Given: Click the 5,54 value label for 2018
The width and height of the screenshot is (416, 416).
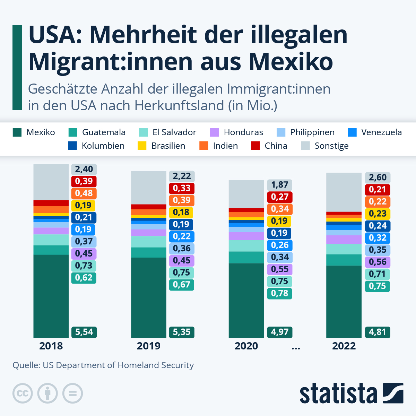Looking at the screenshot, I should pos(84,332).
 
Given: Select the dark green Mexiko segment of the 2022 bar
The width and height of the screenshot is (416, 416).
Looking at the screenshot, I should pos(344,302).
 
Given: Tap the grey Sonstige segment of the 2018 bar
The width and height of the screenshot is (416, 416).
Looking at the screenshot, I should pos(51,182).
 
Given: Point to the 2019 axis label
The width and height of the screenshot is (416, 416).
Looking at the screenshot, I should pos(148,346).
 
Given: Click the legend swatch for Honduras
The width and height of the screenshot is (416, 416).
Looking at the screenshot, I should pos(214,132).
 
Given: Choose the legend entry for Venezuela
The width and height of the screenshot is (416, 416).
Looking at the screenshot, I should pos(381,132).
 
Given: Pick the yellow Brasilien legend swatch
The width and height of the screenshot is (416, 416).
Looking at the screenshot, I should pos(142,146).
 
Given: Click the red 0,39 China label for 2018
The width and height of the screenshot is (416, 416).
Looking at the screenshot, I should pos(84,181).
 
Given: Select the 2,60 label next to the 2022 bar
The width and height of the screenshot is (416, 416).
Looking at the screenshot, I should pos(378,177).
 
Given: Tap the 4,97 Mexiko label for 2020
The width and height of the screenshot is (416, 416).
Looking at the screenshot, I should pos(280,332).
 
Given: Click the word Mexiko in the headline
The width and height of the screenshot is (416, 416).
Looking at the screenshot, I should pos(291,62).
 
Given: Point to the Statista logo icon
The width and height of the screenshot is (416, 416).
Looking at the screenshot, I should pos(393,393).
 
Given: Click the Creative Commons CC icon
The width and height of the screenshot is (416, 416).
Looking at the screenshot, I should pos(23,393).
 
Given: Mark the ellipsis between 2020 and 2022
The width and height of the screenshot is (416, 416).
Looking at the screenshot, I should pos(296,347).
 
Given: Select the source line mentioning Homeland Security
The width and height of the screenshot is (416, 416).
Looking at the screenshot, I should pos(103,365).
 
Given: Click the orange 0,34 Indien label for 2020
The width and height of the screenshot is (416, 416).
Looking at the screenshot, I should pos(280,209).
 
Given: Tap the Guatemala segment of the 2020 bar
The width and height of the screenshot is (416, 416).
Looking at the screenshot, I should pos(246,258).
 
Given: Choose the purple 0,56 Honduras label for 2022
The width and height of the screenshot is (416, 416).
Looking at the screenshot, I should pos(378,262).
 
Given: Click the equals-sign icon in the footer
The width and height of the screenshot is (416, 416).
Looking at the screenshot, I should pos(72,393).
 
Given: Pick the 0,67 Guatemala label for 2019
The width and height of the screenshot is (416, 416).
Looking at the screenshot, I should pos(182,285).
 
